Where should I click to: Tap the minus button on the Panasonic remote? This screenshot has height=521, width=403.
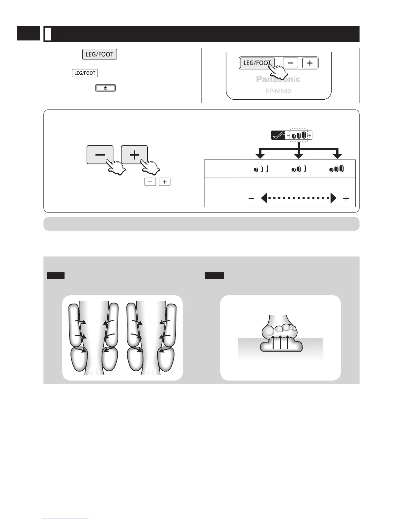290,63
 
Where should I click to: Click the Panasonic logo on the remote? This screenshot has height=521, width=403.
278,79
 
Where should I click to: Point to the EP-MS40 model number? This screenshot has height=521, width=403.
278,91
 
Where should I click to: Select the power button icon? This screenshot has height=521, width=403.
105,88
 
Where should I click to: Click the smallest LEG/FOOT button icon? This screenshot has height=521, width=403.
85,73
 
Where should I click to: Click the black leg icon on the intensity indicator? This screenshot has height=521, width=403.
278,135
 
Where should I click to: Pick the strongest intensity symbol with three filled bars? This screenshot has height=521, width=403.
336,169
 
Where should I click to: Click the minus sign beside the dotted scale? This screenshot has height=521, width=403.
251,199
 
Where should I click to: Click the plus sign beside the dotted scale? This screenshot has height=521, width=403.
346,199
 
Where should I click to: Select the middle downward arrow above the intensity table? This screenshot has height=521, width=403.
299,155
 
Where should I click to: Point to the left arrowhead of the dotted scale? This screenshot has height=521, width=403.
264,198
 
